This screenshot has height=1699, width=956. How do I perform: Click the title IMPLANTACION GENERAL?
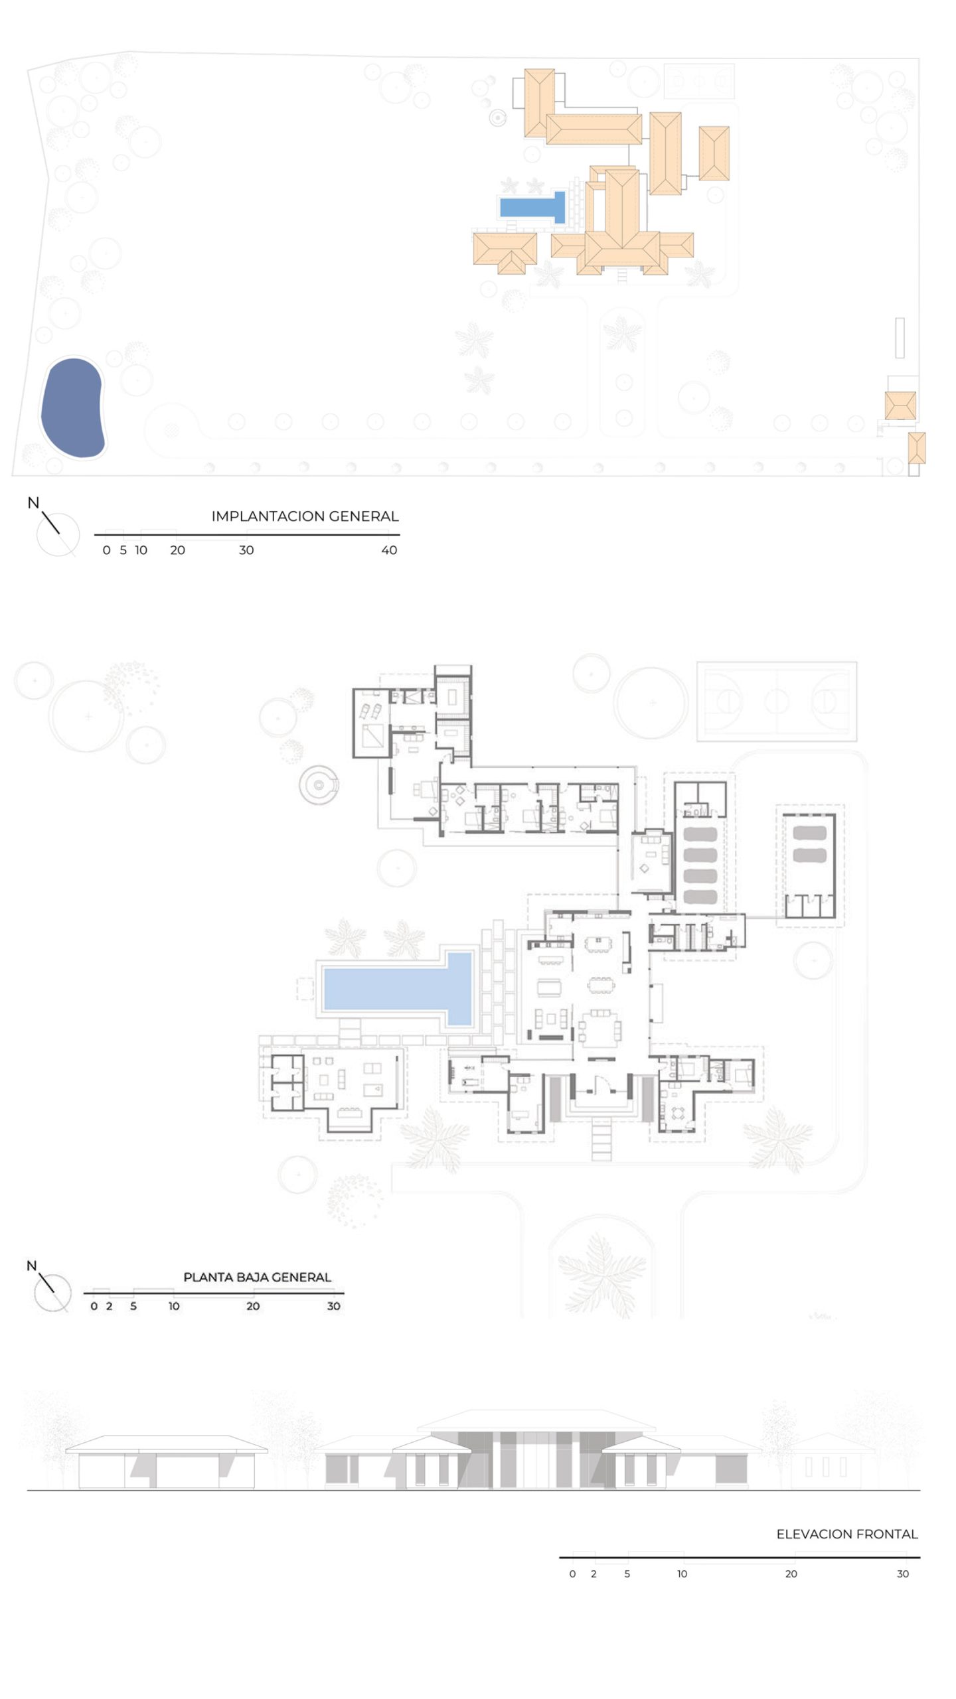click(x=305, y=516)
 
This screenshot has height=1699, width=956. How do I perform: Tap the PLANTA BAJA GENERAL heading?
click(x=257, y=1277)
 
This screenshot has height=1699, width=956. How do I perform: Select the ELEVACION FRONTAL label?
click(x=847, y=1534)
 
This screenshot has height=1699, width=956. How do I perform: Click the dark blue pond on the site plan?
click(x=72, y=407)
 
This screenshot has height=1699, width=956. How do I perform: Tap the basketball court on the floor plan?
click(x=776, y=701)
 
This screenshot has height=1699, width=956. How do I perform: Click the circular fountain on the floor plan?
click(x=319, y=785)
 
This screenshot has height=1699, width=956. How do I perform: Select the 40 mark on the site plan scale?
click(x=389, y=550)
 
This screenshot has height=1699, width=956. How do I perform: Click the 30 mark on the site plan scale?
click(x=246, y=550)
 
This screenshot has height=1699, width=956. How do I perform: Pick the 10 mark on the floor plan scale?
click(x=174, y=1306)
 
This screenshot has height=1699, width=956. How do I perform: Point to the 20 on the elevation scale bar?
click(x=791, y=1574)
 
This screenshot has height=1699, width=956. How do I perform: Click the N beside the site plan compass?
click(x=33, y=503)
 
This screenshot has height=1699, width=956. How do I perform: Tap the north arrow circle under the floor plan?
click(x=52, y=1293)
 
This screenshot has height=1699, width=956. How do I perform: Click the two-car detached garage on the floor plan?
click(x=809, y=865)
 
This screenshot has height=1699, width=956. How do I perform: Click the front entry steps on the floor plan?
click(x=601, y=1139)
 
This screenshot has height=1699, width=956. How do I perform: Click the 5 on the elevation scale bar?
click(x=627, y=1574)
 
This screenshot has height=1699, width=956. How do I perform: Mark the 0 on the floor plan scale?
click(x=94, y=1306)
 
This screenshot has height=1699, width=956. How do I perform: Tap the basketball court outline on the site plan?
click(x=699, y=81)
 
